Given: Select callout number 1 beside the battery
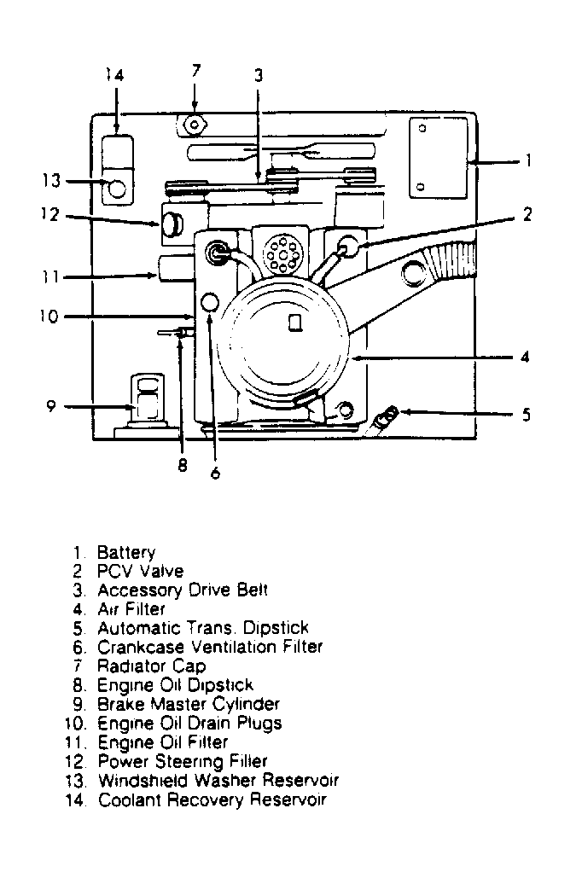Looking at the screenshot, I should (x=528, y=160).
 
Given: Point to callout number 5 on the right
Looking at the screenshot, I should (x=527, y=415).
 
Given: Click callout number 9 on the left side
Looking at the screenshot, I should (x=51, y=406).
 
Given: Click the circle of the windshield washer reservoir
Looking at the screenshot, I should (x=117, y=185).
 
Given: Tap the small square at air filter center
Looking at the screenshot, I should (x=294, y=323).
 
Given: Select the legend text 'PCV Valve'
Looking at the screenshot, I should (x=140, y=571).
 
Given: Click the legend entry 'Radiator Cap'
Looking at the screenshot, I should (x=151, y=666).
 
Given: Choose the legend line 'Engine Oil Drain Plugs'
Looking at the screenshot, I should (x=189, y=723).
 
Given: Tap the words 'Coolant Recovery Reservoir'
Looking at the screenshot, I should (x=212, y=800).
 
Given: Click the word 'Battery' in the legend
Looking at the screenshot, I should (x=125, y=552).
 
